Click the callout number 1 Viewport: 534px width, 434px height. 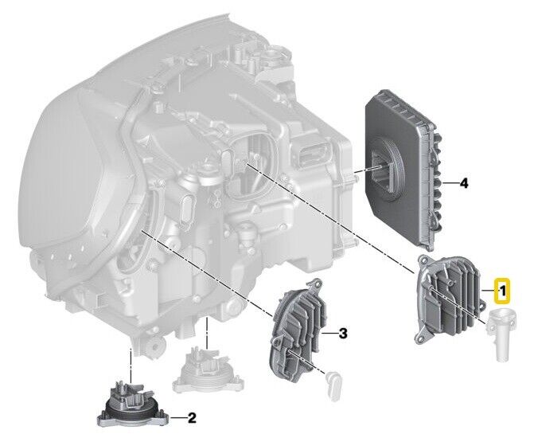tap(502, 291)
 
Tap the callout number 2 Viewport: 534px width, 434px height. tap(192, 417)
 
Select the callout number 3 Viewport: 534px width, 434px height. tap(343, 334)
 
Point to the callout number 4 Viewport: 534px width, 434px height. tap(463, 183)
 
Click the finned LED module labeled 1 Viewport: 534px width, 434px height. tap(448, 299)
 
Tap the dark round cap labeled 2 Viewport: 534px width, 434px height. tap(133, 405)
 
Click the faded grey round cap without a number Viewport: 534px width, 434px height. tap(208, 373)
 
